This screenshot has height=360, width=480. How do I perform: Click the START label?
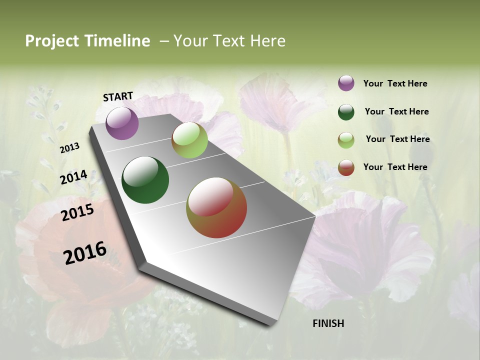click(x=118, y=96)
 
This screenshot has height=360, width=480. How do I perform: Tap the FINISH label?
click(x=328, y=323)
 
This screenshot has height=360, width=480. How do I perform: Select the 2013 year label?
click(x=70, y=148)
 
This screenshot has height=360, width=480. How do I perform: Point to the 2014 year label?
click(x=74, y=177)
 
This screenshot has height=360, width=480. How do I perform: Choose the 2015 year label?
click(x=77, y=212)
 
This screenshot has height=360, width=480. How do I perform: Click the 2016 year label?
click(x=85, y=252)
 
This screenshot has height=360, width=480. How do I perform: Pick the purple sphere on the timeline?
click(x=122, y=123)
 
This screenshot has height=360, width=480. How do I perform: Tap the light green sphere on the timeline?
click(x=189, y=140)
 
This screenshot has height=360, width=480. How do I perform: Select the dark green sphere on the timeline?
click(x=145, y=180)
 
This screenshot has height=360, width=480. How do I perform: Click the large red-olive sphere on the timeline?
click(x=216, y=207)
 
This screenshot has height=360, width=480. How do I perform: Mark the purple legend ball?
click(x=346, y=83)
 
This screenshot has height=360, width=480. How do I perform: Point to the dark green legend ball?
click(x=346, y=112)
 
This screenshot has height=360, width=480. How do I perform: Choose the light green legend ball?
click(x=346, y=140)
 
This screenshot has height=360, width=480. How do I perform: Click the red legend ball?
click(x=346, y=167)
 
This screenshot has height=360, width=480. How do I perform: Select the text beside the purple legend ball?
click(x=395, y=83)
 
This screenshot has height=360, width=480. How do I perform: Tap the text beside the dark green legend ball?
click(x=396, y=111)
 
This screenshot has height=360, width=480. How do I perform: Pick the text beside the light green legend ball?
click(x=397, y=139)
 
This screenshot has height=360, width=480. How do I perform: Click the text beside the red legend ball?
click(x=395, y=167)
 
